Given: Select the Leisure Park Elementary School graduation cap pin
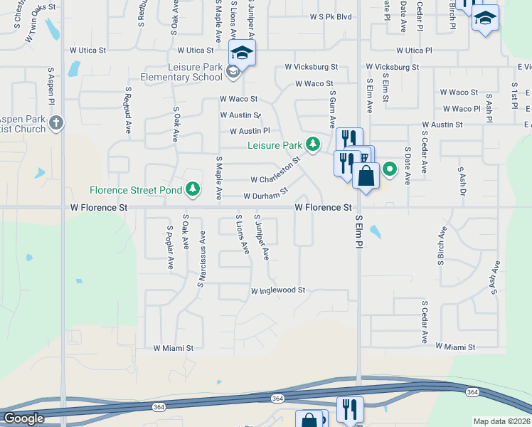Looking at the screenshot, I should [x=242, y=54].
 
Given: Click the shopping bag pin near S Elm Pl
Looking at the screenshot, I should [x=366, y=176].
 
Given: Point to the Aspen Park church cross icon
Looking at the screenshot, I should [x=56, y=123].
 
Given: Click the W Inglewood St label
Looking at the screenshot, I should [x=277, y=290].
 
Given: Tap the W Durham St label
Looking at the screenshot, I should [x=265, y=194].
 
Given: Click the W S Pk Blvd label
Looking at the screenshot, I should [x=331, y=17].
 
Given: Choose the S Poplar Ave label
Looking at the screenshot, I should [x=169, y=248].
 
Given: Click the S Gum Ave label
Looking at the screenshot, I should [x=332, y=108].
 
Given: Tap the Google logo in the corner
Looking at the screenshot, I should [x=23, y=418].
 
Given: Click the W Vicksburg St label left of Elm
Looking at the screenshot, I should [x=311, y=67].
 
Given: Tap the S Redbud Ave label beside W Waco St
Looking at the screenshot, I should [x=129, y=111].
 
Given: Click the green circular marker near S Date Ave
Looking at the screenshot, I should [x=390, y=169].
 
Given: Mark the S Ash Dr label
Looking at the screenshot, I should [x=462, y=184].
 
